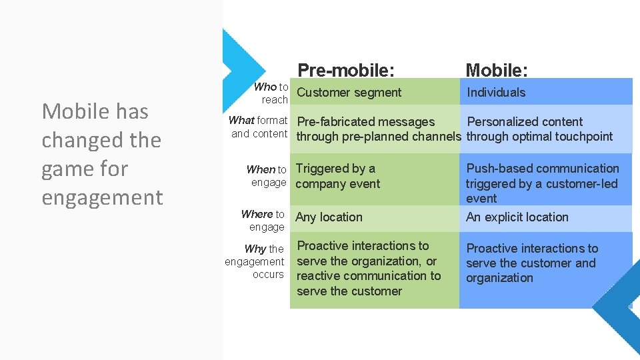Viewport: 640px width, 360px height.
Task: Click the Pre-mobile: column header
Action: pyautogui.click(x=345, y=70)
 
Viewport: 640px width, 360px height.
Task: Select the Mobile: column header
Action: pyautogui.click(x=497, y=70)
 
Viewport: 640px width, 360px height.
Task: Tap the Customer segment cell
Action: pyautogui.click(x=349, y=93)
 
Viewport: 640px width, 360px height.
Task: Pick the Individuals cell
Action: pyautogui.click(x=496, y=93)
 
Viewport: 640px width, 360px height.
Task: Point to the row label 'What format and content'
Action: pyautogui.click(x=258, y=127)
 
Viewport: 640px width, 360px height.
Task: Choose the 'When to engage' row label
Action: pyautogui.click(x=267, y=176)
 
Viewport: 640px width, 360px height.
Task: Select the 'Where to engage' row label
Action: pyautogui.click(x=263, y=221)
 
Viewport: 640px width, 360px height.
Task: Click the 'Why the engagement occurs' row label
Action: pyautogui.click(x=255, y=261)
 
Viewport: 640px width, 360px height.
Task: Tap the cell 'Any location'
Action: pyautogui.click(x=329, y=217)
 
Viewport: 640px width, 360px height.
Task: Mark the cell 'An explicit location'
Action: pyautogui.click(x=517, y=217)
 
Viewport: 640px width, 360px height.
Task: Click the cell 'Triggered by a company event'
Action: pyautogui.click(x=337, y=176)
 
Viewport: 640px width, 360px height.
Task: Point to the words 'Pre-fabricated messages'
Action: pyautogui.click(x=365, y=122)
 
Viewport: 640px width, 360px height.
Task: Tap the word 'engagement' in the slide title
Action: pyautogui.click(x=102, y=198)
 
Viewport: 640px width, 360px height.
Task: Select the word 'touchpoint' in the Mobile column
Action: pyautogui.click(x=581, y=137)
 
